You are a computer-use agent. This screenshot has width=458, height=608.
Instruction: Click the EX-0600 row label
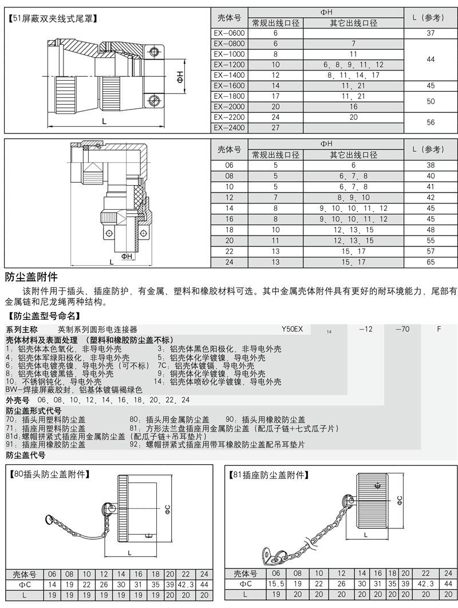pyautogui.click(x=229, y=33)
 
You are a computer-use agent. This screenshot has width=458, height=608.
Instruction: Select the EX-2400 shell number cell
pyautogui.click(x=229, y=127)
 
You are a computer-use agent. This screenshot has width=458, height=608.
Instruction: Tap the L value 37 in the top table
pyautogui.click(x=431, y=33)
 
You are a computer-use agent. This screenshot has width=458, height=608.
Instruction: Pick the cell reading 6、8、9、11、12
pyautogui.click(x=353, y=65)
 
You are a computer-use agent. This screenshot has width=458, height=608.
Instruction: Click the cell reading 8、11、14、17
pyautogui.click(x=353, y=75)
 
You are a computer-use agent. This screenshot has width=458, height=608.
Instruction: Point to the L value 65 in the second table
pyautogui.click(x=431, y=262)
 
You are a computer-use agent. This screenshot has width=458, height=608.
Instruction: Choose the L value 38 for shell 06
pyautogui.click(x=431, y=165)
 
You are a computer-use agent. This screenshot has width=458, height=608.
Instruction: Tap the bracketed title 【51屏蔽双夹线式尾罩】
pyautogui.click(x=53, y=18)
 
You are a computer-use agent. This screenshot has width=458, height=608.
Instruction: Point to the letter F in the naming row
pyautogui.click(x=439, y=330)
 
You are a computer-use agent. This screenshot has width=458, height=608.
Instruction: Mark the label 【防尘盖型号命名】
pyautogui.click(x=45, y=315)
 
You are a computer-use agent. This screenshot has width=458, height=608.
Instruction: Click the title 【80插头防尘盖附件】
pyautogui.click(x=51, y=474)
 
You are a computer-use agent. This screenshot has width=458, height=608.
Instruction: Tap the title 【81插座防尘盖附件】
pyautogui.click(x=269, y=474)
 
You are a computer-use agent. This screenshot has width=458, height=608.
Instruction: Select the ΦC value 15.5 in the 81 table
pyautogui.click(x=275, y=583)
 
